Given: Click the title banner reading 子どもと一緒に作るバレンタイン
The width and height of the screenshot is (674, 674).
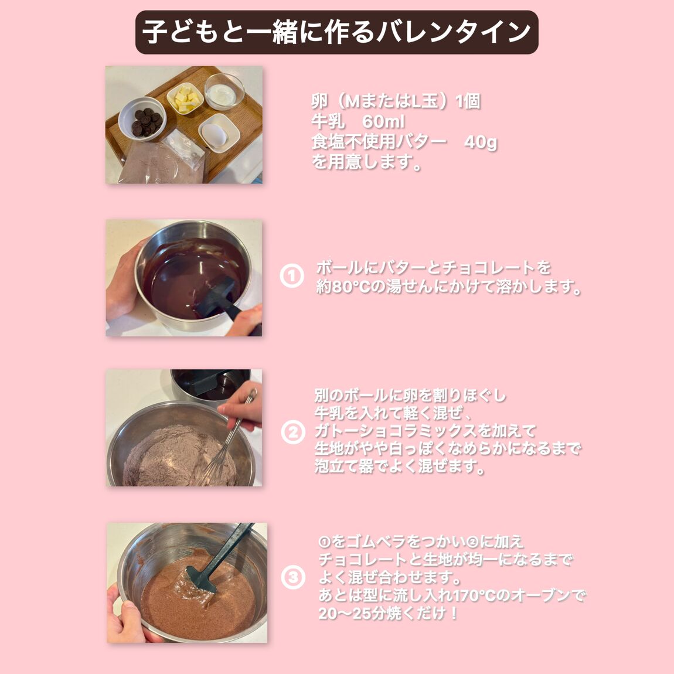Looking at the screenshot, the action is pyautogui.click(x=336, y=32).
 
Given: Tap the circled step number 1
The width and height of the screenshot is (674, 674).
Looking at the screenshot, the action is pyautogui.click(x=292, y=275).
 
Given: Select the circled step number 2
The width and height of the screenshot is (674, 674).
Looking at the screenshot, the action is pyautogui.click(x=293, y=432).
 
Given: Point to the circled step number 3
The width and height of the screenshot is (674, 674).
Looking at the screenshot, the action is pyautogui.click(x=293, y=577).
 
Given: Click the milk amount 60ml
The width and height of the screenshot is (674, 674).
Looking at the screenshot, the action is pyautogui.click(x=383, y=122).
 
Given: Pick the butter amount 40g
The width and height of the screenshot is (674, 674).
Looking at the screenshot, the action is pyautogui.click(x=481, y=142).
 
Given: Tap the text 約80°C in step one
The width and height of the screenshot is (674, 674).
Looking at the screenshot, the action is pyautogui.click(x=343, y=286).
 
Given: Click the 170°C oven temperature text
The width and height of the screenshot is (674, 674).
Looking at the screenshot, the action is pyautogui.click(x=481, y=595).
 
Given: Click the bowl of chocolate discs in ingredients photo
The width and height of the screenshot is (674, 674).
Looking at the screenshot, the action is pyautogui.click(x=142, y=118).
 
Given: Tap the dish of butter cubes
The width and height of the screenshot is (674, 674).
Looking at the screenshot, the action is pyautogui.click(x=185, y=99).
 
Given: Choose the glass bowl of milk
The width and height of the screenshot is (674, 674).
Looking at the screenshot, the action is pyautogui.click(x=224, y=91).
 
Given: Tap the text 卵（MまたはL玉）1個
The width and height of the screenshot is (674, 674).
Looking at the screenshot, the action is pyautogui.click(x=396, y=101).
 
